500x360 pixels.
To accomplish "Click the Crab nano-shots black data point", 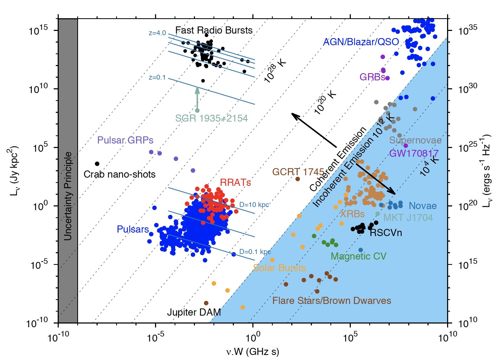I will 97,164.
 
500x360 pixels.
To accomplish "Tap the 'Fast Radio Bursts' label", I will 214,30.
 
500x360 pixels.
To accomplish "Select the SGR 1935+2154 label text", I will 211,118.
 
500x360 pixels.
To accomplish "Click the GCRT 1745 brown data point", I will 298,179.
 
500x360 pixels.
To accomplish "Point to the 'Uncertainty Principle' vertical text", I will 68,196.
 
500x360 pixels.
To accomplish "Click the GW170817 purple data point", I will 406,146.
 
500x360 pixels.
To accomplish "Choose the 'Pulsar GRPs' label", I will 125,140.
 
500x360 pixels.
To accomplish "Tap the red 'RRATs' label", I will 235,182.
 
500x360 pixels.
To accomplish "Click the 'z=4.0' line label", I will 157,33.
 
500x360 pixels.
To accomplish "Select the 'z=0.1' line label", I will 157,77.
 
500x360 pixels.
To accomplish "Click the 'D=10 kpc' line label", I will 254,205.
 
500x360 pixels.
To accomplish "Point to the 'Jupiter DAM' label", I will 194,312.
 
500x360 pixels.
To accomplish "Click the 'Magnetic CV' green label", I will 358,256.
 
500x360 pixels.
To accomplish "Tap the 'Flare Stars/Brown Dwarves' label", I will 332,301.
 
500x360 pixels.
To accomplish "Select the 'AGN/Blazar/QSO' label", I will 361,42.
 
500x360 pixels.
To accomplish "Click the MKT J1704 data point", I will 378,214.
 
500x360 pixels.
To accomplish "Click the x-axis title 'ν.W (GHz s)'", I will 253,352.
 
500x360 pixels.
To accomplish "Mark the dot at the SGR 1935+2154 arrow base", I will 197,110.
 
